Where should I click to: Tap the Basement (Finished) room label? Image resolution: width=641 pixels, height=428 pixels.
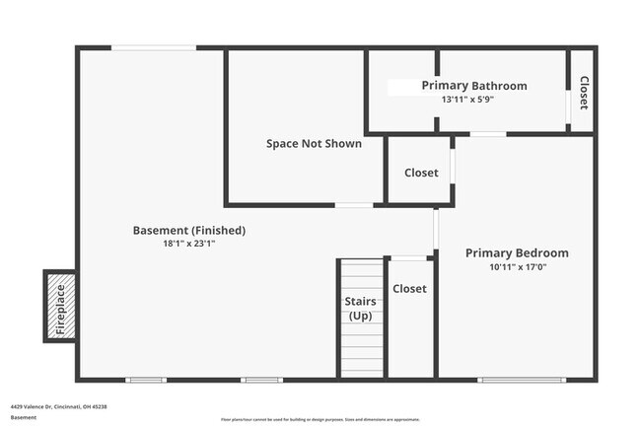pyautogui.click(x=188, y=230)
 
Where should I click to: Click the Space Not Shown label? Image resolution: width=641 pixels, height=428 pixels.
pyautogui.click(x=314, y=143)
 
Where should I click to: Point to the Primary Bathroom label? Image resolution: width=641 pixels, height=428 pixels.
pyautogui.click(x=473, y=86)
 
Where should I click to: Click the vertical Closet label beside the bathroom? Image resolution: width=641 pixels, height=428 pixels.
pyautogui.click(x=584, y=93)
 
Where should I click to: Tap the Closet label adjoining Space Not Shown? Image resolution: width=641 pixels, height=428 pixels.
pyautogui.click(x=421, y=173)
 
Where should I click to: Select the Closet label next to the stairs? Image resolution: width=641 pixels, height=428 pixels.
pyautogui.click(x=409, y=289)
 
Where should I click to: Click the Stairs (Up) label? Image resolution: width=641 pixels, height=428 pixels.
pyautogui.click(x=360, y=308)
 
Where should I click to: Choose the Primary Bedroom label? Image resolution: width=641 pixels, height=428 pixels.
pyautogui.click(x=517, y=252)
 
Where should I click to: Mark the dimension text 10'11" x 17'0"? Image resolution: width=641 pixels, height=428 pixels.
pyautogui.click(x=517, y=266)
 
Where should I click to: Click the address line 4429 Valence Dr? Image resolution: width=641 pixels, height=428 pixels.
pyautogui.click(x=58, y=405)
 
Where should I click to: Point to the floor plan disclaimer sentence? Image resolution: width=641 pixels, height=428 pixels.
pyautogui.click(x=320, y=418)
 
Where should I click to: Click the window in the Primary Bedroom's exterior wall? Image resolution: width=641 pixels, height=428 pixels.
pyautogui.click(x=521, y=380)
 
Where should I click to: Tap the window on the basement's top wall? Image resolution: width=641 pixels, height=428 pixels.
pyautogui.click(x=153, y=47)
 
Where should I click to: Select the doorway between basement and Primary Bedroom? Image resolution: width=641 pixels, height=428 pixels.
pyautogui.click(x=435, y=229)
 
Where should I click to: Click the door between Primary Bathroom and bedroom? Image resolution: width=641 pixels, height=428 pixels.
pyautogui.click(x=488, y=134)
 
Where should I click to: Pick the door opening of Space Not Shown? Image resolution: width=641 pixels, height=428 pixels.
pyautogui.click(x=354, y=205)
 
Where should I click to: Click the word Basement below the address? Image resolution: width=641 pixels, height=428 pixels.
pyautogui.click(x=24, y=417)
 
